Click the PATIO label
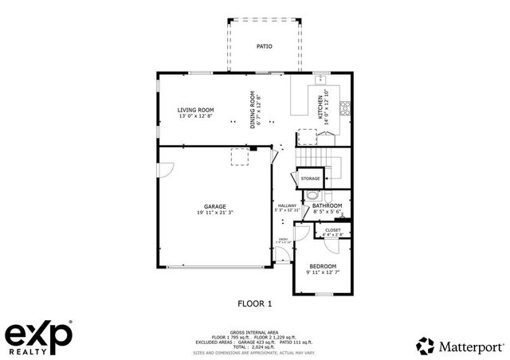264,47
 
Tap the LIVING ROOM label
195,110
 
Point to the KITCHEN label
321,108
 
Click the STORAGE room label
311,178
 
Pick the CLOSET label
333,230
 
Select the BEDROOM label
323,266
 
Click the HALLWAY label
287,205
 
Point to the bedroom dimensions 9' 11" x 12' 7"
323,272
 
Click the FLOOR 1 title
255,303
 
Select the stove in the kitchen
345,109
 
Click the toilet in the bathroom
313,196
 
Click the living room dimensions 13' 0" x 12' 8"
195,117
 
